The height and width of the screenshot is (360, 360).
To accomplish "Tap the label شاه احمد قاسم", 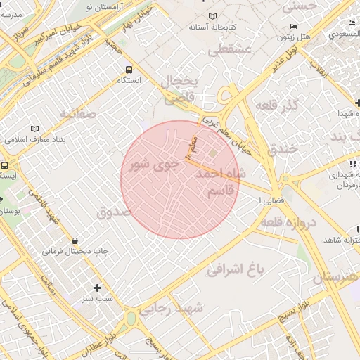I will tap(221, 181).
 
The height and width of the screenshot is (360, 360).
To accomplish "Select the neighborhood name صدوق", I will tap(114, 210).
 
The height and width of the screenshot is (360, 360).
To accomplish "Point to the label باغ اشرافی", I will tap(236, 268).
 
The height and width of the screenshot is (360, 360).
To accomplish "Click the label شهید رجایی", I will tap(171, 308).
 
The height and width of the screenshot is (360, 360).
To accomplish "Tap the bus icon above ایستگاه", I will tap(128, 70).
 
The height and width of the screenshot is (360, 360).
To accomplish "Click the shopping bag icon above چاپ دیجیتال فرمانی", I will tap(75, 241).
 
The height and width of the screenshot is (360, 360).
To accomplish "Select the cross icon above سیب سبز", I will tap(97, 288).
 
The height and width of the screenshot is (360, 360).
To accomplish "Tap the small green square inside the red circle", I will tap(212, 154).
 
